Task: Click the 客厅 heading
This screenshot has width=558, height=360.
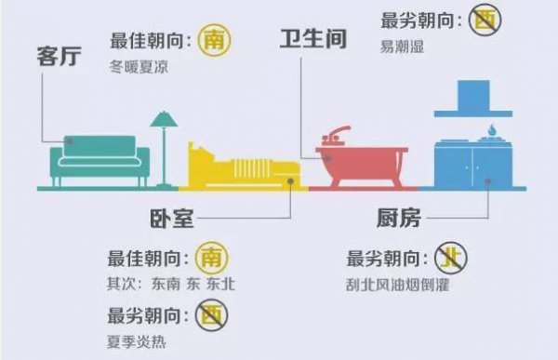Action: (x=60, y=55)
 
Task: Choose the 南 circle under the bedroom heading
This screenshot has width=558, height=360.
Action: (x=213, y=258)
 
